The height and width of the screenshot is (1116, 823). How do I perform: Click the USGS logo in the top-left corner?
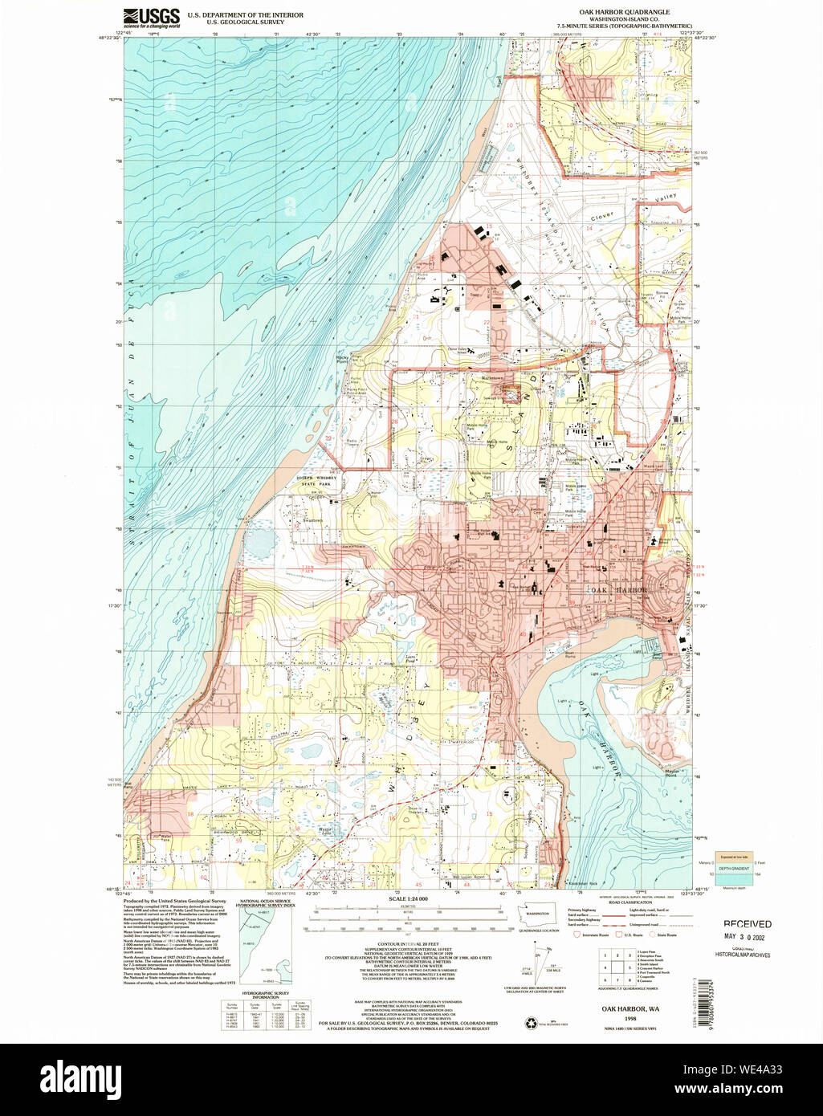152,18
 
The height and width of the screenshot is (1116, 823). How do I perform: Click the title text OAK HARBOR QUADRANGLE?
629,12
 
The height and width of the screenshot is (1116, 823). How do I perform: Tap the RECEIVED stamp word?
748,924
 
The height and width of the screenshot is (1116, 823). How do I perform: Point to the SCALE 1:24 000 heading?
408,898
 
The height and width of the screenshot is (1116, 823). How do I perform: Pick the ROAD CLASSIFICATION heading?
630,902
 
